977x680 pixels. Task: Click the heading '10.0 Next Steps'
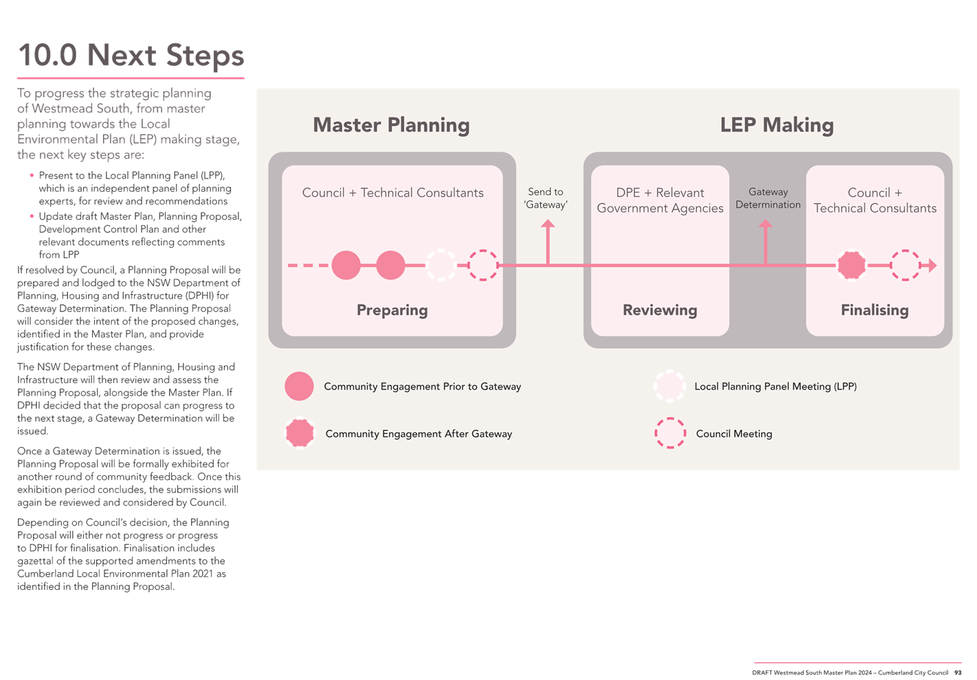point(131,56)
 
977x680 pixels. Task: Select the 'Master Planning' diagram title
point(391,125)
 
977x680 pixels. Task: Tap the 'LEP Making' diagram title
point(777,125)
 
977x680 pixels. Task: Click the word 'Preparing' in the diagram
point(392,310)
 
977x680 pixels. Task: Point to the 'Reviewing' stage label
point(660,310)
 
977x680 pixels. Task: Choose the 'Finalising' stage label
point(875,310)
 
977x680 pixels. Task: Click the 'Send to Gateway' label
point(546,198)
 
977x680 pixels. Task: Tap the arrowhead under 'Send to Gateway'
point(548,223)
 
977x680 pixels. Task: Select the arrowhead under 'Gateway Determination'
point(765,223)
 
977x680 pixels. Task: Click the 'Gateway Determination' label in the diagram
point(768,198)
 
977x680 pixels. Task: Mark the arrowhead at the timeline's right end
point(932,265)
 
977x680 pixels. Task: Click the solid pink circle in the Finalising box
point(851,265)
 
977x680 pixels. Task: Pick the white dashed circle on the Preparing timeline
point(441,265)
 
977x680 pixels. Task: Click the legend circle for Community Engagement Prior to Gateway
point(299,386)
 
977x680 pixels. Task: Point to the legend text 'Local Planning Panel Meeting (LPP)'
point(776,387)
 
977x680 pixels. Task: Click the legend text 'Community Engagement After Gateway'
point(418,434)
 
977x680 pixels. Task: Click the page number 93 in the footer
point(958,672)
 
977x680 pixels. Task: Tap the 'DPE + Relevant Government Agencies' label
point(660,200)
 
